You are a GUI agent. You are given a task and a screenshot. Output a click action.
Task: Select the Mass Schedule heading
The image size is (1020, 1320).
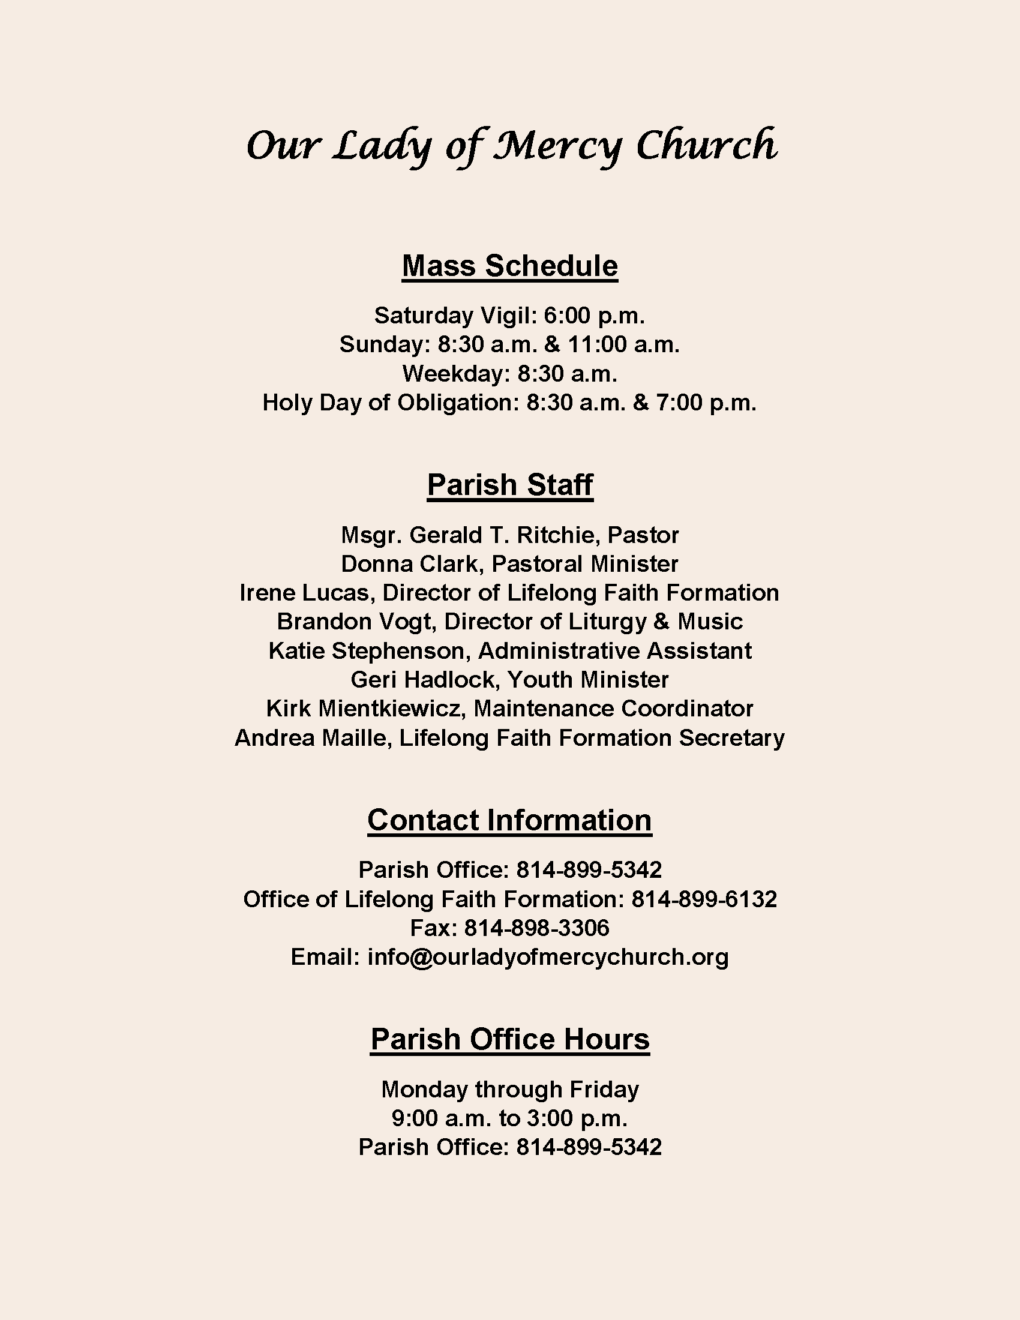coord(510,266)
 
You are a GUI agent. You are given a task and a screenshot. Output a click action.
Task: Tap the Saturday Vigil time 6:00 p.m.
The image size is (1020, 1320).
coord(595,316)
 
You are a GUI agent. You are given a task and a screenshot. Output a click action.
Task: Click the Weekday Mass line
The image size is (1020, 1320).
coord(510,374)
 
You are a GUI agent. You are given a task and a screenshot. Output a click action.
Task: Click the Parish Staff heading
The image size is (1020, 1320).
coord(510,485)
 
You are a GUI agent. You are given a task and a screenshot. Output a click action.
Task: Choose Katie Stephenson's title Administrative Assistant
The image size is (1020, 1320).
coord(614,651)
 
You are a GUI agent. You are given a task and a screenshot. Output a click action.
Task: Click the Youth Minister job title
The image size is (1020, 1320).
coord(588,680)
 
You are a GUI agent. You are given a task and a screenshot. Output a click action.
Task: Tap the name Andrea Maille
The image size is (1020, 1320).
coord(310,738)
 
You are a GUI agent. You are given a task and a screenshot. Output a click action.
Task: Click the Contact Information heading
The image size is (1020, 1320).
coord(510,820)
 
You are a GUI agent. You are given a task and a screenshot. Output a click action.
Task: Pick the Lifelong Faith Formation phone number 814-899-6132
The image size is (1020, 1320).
coord(704,899)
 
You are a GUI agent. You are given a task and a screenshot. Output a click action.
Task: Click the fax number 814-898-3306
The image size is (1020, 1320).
coord(536,928)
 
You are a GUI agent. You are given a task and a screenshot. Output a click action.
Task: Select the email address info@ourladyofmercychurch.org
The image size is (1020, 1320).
coord(548,958)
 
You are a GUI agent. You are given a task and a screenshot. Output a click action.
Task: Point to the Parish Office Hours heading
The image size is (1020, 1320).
coord(510,1040)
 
